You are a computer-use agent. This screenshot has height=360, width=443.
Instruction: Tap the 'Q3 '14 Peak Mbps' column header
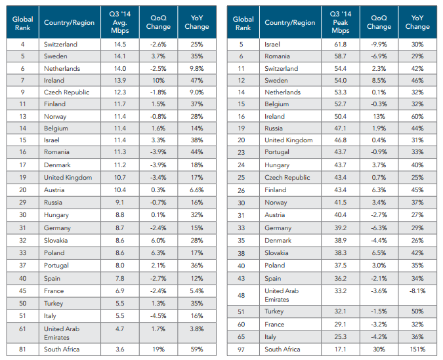[x=341, y=22]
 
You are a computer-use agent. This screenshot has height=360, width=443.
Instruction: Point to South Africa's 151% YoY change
[x=417, y=349]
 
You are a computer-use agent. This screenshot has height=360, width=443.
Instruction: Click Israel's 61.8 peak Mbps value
[x=341, y=44]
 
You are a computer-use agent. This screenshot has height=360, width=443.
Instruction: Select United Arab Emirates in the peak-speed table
[x=284, y=295]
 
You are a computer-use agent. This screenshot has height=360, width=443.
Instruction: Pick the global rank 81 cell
[x=22, y=349]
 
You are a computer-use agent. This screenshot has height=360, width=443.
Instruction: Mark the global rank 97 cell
[x=243, y=349]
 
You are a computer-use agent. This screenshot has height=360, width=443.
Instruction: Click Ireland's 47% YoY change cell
[x=196, y=80]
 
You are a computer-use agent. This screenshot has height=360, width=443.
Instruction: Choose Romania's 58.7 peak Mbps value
[x=341, y=56]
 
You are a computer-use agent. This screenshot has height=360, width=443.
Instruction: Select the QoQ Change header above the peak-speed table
[x=379, y=22]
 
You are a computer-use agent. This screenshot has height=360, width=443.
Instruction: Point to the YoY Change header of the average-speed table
[x=196, y=22]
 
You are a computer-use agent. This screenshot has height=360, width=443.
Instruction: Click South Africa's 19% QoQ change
[x=159, y=349]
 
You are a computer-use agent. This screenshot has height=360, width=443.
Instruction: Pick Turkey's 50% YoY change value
[x=417, y=311]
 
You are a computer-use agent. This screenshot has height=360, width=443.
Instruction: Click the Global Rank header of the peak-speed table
[x=243, y=22]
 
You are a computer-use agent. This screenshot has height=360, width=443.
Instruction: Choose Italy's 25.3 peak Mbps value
[x=341, y=336]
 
